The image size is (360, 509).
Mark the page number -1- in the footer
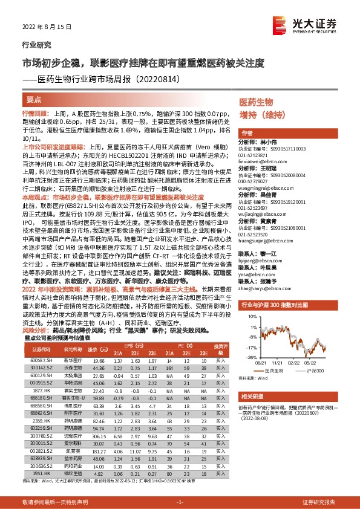click(x=180, y=502)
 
